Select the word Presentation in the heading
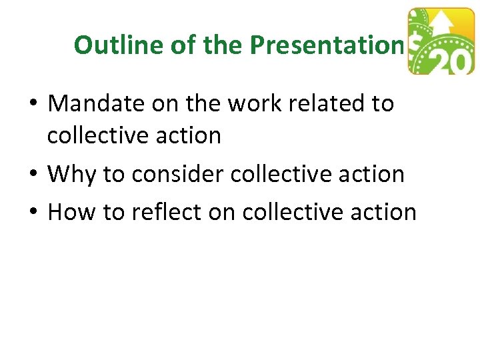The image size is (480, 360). tap(327, 45)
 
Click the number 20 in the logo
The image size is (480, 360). tap(451, 61)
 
